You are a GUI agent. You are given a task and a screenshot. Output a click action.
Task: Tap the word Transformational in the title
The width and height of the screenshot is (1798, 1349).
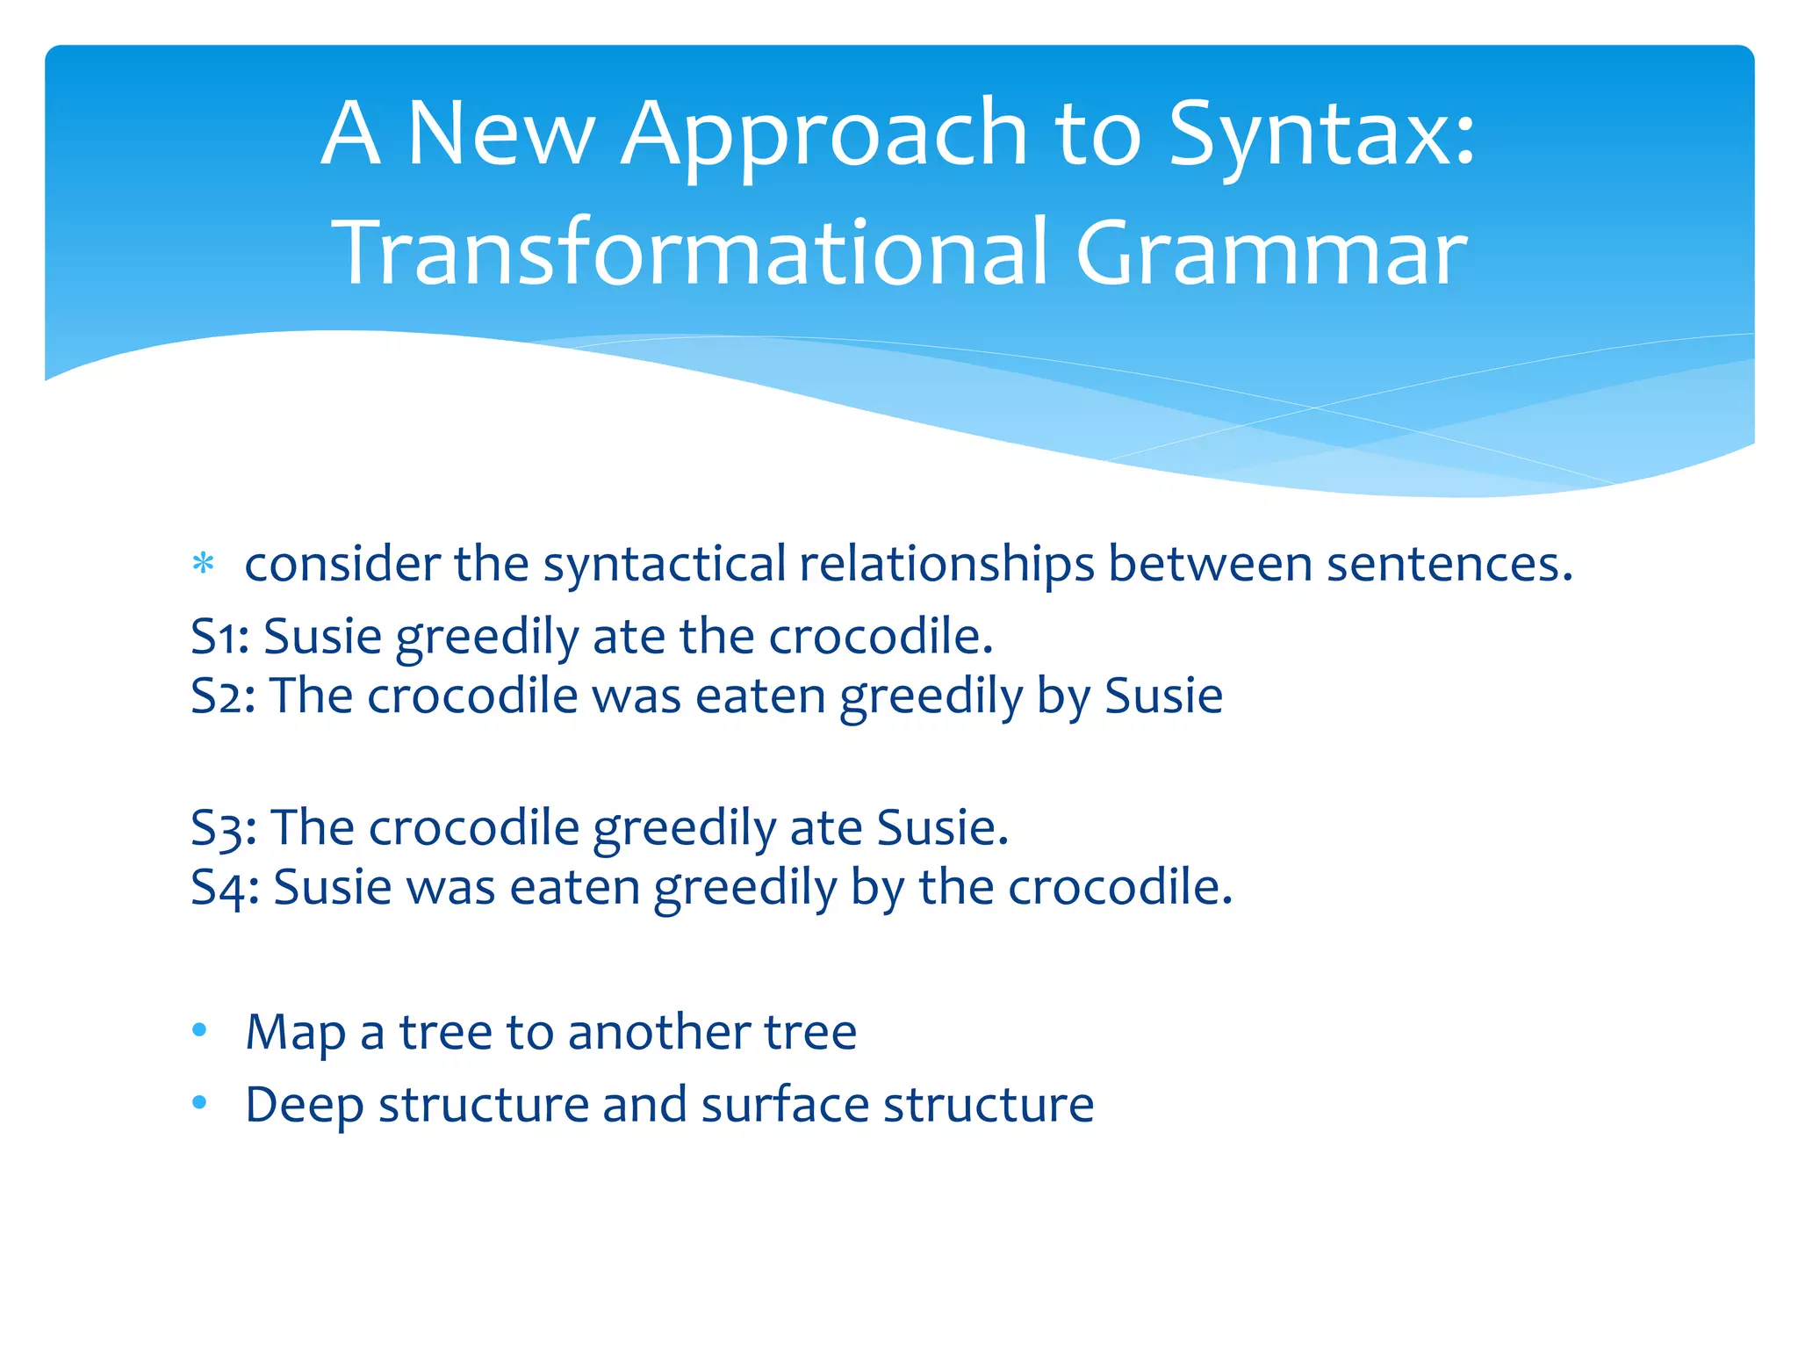click(x=690, y=254)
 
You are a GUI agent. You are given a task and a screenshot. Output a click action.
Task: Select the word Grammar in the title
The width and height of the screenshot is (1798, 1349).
click(x=1270, y=254)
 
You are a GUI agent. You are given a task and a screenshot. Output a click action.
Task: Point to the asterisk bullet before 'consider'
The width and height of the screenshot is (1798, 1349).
click(x=203, y=564)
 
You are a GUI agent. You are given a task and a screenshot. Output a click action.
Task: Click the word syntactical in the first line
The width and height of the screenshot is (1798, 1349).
click(x=664, y=564)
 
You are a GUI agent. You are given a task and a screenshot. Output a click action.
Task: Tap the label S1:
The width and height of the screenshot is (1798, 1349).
click(x=220, y=636)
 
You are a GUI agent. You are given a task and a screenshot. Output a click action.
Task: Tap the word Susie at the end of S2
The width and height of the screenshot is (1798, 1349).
click(x=1163, y=696)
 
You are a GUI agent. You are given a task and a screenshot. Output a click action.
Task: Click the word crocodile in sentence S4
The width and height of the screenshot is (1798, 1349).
click(x=1119, y=887)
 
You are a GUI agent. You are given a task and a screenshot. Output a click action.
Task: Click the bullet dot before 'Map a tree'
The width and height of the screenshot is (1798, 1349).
click(x=200, y=1029)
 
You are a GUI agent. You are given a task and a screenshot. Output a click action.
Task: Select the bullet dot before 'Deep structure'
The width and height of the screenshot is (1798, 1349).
click(x=200, y=1102)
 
